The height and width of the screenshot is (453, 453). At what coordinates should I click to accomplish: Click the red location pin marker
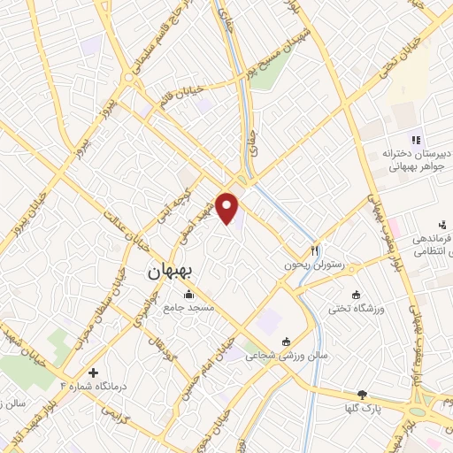[x=229, y=210]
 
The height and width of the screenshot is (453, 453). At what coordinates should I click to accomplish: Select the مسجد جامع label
[x=188, y=307]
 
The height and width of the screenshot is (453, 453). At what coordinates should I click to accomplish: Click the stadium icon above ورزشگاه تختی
[x=357, y=295]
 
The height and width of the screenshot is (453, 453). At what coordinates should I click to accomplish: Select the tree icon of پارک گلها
[x=361, y=395]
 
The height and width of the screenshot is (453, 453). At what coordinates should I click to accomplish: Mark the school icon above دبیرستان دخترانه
[x=414, y=139]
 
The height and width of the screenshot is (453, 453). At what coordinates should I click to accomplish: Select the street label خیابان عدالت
[x=124, y=226]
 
